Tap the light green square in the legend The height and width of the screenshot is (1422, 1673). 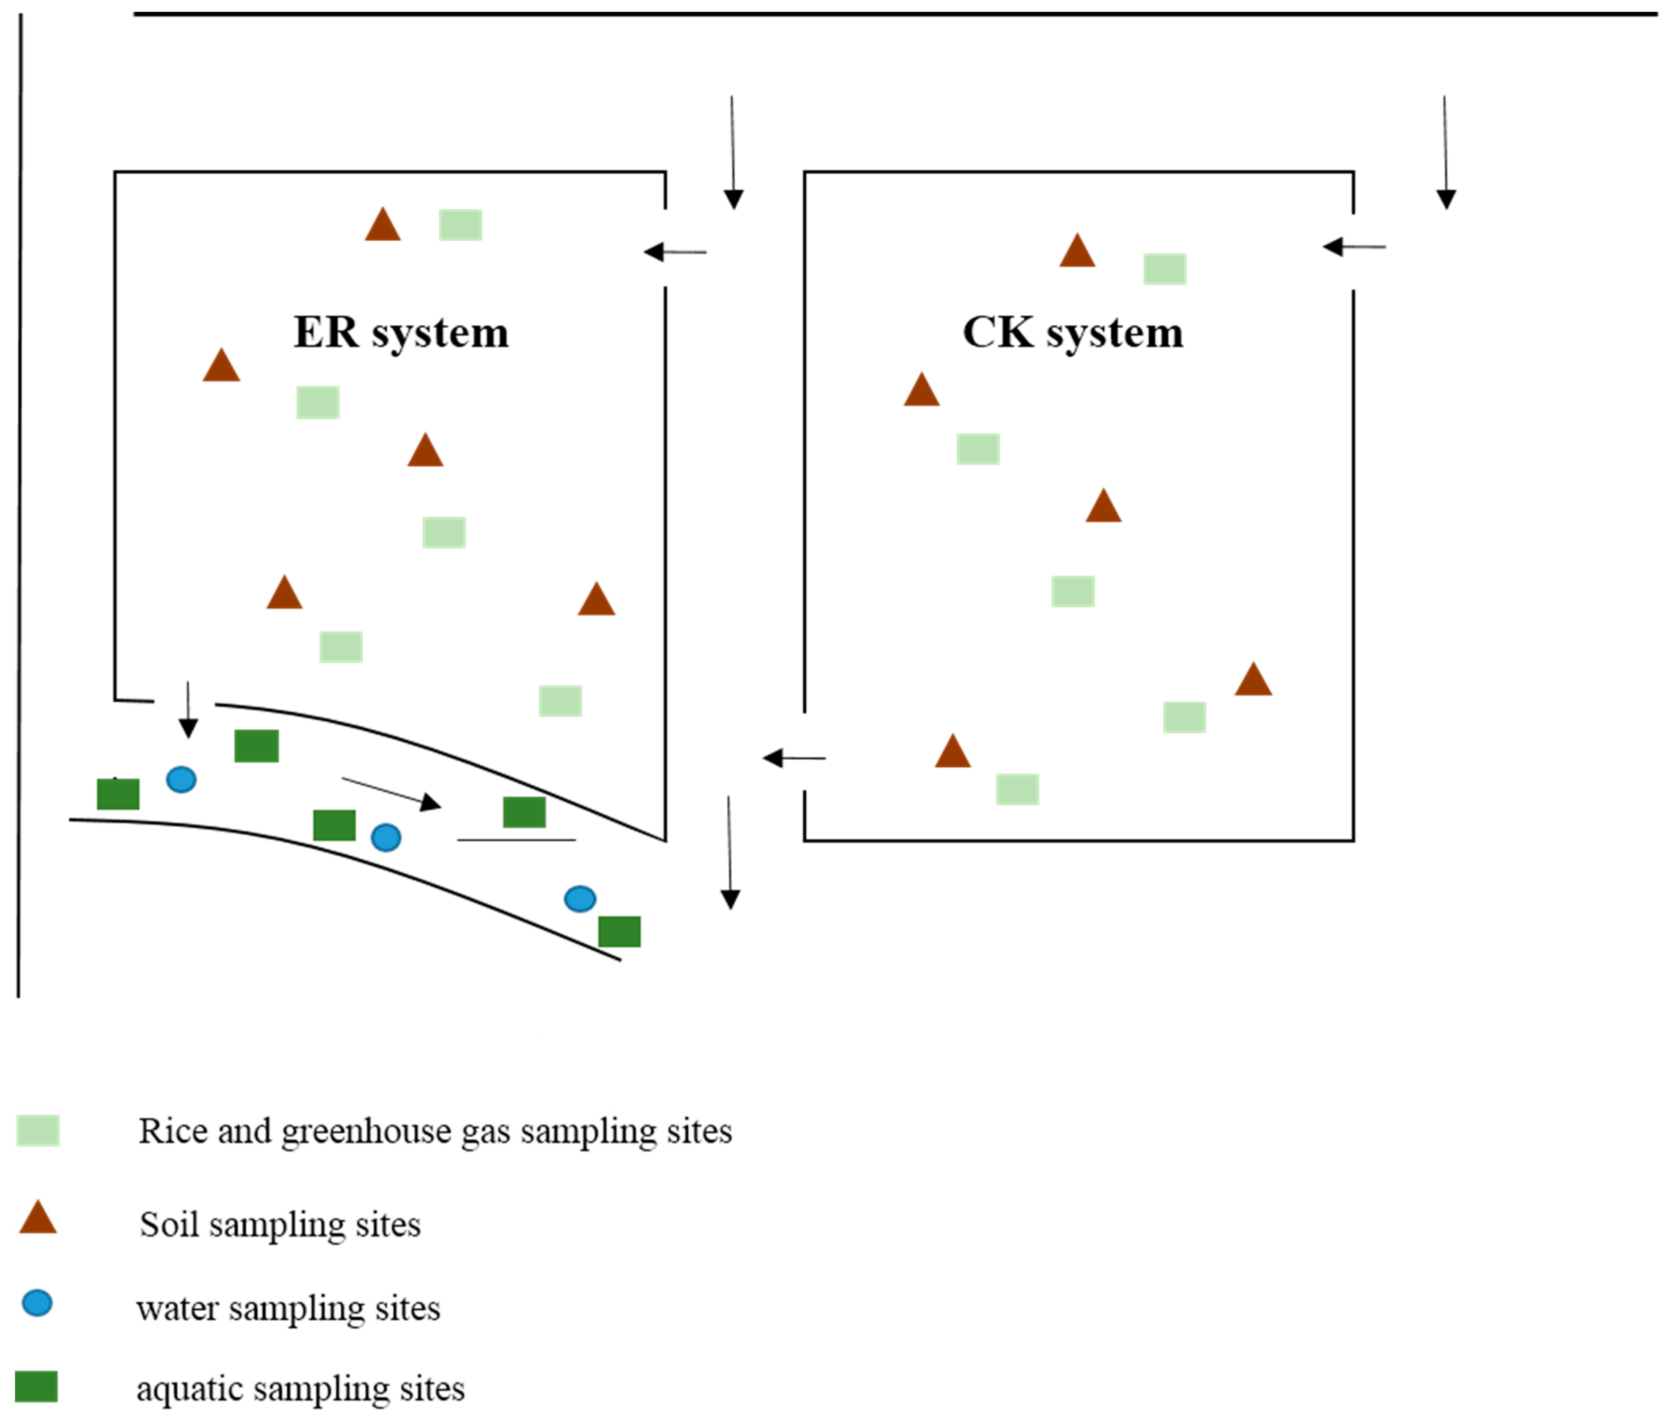[38, 1130]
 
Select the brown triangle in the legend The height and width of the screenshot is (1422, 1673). [38, 1219]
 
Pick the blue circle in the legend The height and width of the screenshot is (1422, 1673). [37, 1304]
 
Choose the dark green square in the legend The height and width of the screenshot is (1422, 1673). [36, 1387]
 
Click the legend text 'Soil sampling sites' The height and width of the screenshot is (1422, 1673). [280, 1225]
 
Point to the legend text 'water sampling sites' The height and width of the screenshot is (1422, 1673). [288, 1308]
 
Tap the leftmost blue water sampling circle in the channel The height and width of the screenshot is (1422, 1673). [180, 779]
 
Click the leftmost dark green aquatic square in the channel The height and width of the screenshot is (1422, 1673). [118, 794]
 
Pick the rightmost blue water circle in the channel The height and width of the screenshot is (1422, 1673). [580, 899]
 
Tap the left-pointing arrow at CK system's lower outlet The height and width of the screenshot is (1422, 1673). [794, 758]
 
